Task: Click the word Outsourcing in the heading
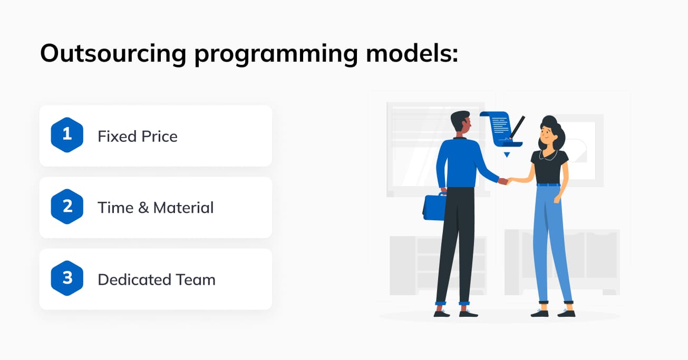pyautogui.click(x=113, y=53)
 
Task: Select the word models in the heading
pyautogui.click(x=412, y=53)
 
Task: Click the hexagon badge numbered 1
pyautogui.click(x=67, y=135)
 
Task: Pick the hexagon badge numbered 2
pyautogui.click(x=67, y=207)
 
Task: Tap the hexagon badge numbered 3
pyautogui.click(x=67, y=278)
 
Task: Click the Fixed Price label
pyautogui.click(x=138, y=136)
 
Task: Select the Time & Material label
pyautogui.click(x=156, y=208)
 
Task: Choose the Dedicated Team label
pyautogui.click(x=157, y=279)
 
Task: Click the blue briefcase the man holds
pyautogui.click(x=434, y=207)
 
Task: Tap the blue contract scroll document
pyautogui.click(x=501, y=129)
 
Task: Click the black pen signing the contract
pyautogui.click(x=517, y=128)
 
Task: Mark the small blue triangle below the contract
pyautogui.click(x=507, y=154)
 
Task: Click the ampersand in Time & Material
pyautogui.click(x=143, y=208)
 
